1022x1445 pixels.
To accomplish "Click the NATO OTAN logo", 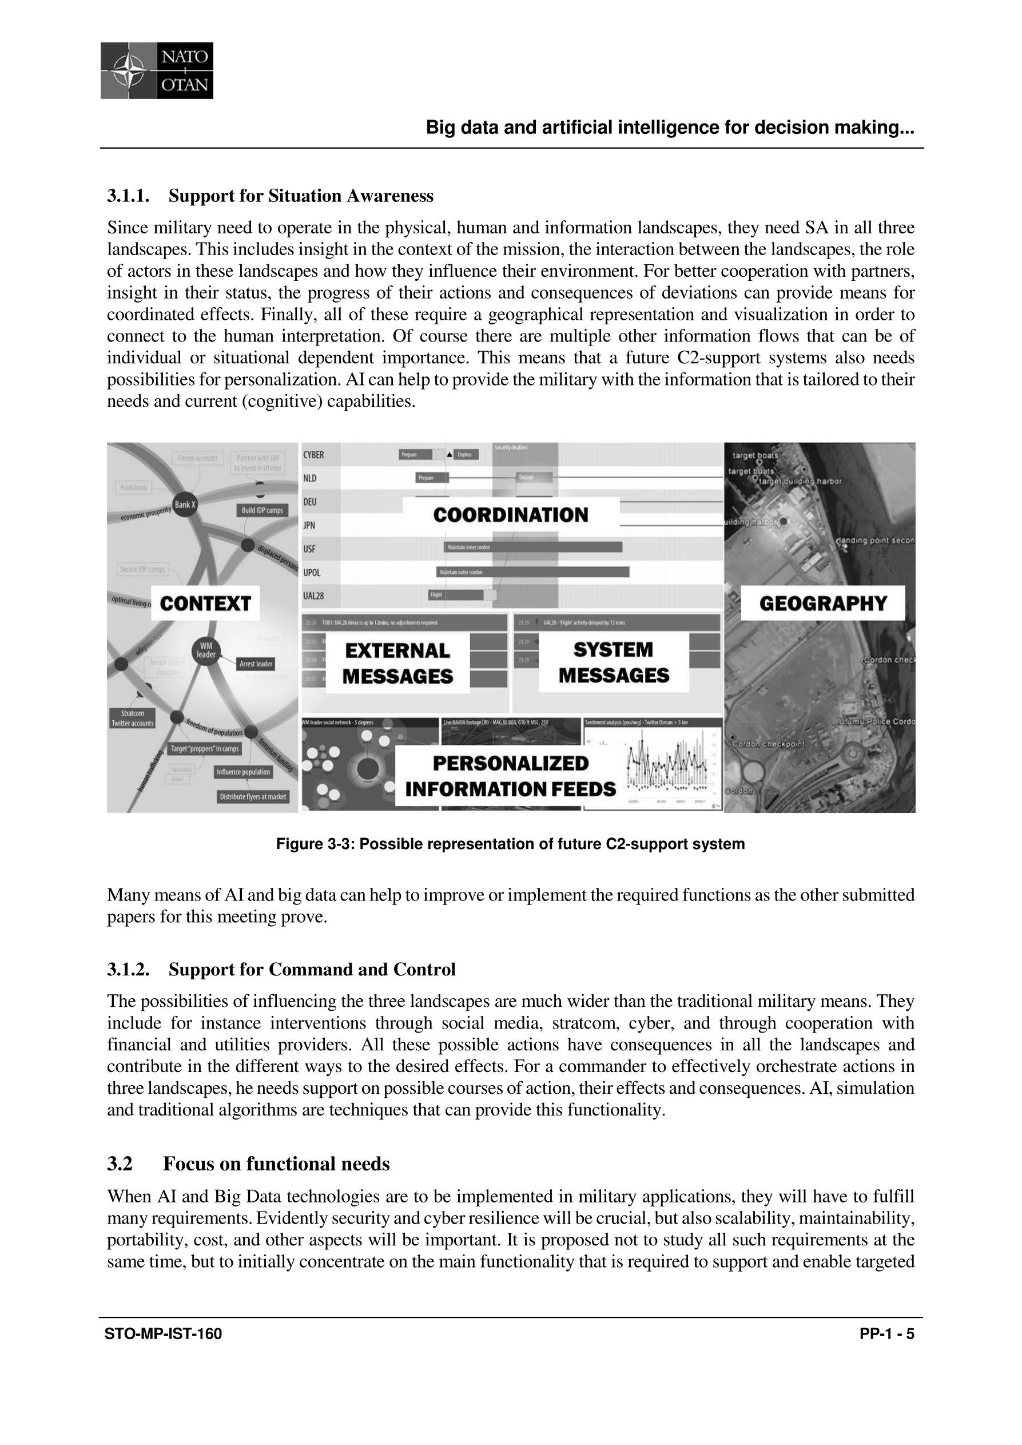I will (157, 70).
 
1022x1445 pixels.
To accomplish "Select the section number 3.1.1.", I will (128, 196).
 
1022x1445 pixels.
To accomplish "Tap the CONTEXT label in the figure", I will (205, 604).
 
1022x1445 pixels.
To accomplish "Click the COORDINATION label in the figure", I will (510, 515).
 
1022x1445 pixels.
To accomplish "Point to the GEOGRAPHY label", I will (822, 603).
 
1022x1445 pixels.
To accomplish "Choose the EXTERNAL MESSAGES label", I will (397, 664).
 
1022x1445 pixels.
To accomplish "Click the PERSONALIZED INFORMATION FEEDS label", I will (510, 776).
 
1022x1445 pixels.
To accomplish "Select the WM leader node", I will (206, 650).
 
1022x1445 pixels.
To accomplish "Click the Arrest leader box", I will (256, 664).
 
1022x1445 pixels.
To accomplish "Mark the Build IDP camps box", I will (263, 510).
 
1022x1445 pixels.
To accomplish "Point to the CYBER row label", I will (313, 455).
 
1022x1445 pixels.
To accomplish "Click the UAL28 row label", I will (313, 596).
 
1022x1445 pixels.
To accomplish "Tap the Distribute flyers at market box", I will (252, 797).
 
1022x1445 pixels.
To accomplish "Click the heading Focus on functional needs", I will (276, 1164).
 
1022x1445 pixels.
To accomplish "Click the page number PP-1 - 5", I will (886, 1334).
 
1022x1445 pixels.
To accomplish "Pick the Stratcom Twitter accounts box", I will (132, 718).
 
